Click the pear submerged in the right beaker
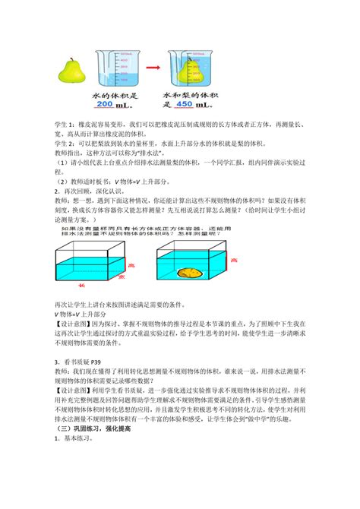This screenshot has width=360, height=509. click(188, 71)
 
